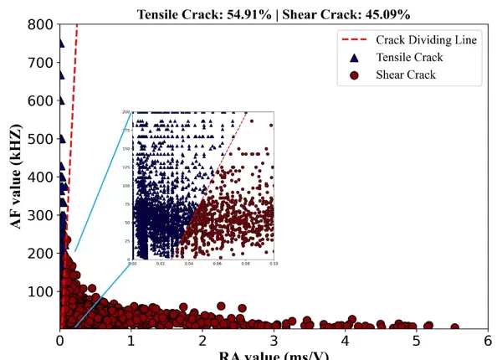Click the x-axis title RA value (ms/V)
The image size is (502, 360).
point(273,355)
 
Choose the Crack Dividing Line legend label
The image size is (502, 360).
point(427,39)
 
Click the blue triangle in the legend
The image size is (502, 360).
point(355,57)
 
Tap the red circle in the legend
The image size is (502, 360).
point(355,75)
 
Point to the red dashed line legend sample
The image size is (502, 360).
point(355,39)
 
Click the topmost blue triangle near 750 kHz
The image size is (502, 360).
point(61,44)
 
